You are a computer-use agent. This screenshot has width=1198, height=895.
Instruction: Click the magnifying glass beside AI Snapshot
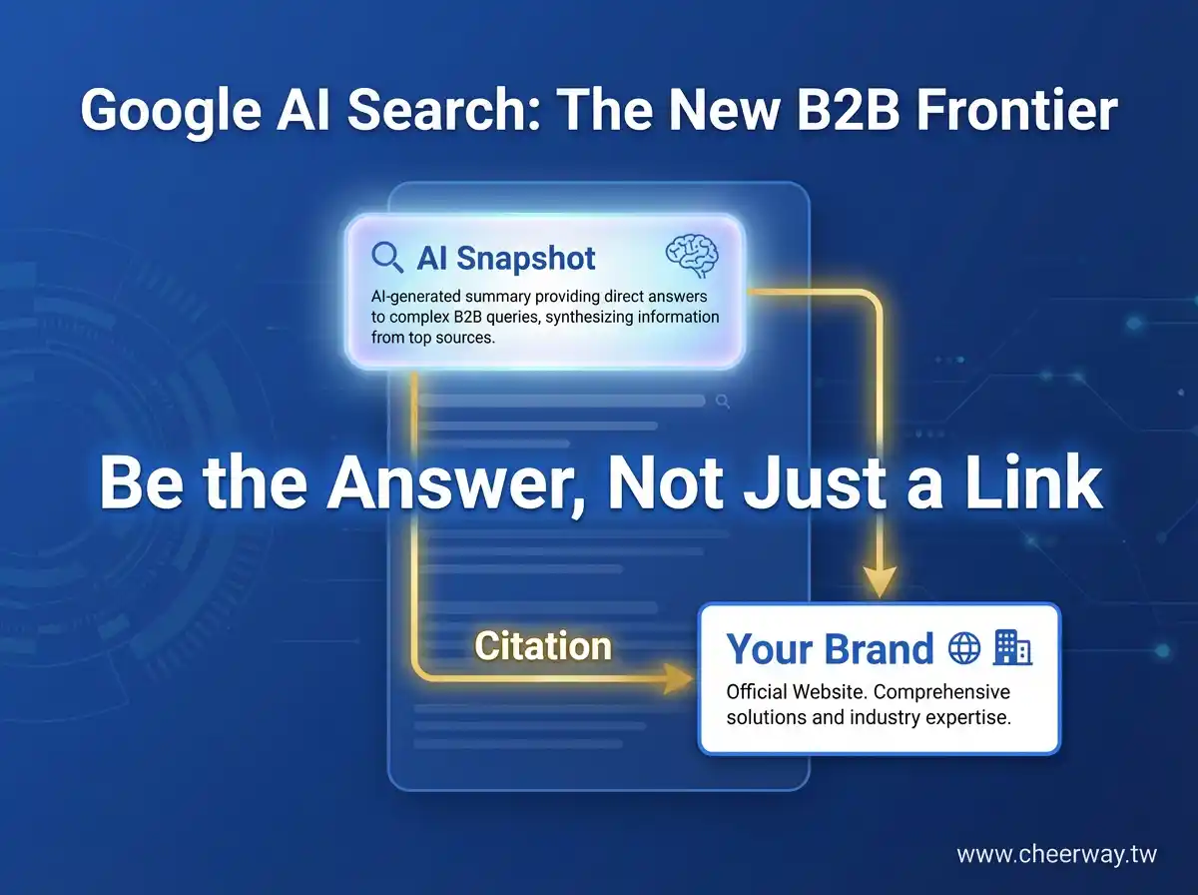[387, 257]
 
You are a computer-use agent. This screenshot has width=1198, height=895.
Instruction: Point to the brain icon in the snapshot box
[692, 256]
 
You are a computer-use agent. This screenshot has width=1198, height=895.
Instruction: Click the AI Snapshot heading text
[506, 258]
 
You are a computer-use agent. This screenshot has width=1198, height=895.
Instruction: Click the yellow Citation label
[543, 646]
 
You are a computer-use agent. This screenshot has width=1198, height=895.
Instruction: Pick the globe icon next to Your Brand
[963, 649]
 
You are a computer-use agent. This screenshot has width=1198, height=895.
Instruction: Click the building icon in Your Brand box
[1012, 649]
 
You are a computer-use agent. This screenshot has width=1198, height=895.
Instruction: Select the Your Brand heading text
[830, 649]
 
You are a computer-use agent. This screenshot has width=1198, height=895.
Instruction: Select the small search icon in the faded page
[723, 402]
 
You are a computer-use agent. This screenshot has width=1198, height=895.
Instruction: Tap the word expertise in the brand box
[967, 717]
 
